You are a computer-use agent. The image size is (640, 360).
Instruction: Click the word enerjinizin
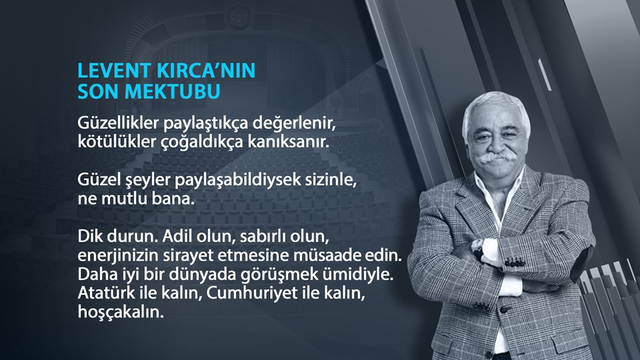pos(115,257)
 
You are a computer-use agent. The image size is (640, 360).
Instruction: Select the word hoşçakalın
pos(120,312)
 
